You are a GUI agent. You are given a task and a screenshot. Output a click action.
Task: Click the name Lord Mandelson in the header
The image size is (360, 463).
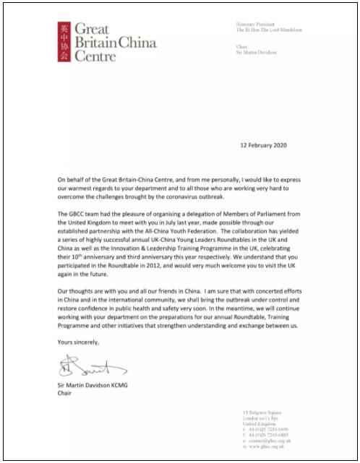pos(284,30)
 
